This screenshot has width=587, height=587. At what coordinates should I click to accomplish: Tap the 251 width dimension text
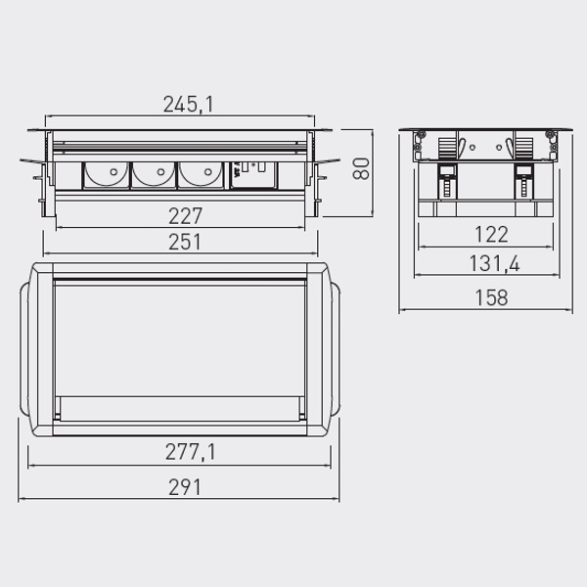point(184,242)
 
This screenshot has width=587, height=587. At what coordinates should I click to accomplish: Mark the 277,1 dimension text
point(184,451)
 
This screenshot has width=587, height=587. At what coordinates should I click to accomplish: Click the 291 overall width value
point(184,486)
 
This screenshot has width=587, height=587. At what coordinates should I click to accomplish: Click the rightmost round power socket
point(199,174)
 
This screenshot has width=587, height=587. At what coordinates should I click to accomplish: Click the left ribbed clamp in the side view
point(445,149)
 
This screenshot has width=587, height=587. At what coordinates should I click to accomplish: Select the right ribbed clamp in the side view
point(521,149)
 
